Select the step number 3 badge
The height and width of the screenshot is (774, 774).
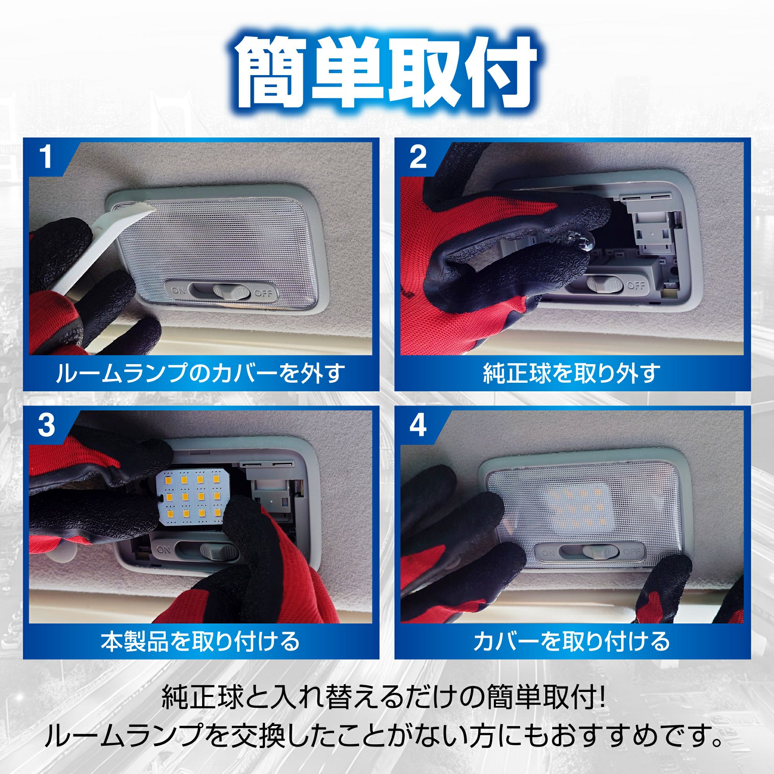(46, 425)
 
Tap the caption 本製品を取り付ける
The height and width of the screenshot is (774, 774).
(200, 640)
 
